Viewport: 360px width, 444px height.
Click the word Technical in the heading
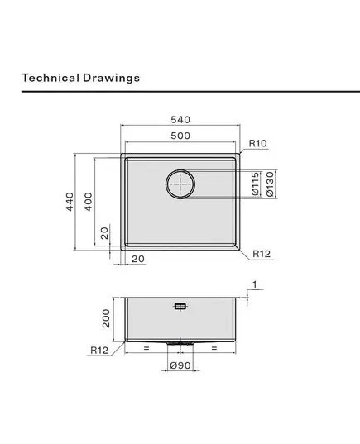coord(50,78)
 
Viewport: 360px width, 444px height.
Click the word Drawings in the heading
coord(112,79)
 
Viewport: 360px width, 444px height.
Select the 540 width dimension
coord(180,120)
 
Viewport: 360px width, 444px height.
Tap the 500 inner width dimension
coord(180,136)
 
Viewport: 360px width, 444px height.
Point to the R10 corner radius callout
coord(257,143)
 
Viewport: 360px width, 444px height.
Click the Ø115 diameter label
coord(256,184)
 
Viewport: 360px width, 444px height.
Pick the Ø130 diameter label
coord(270,184)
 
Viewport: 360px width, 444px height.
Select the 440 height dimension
coord(70,202)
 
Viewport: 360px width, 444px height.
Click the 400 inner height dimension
coord(89,202)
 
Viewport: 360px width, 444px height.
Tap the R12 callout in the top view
coord(262,254)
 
